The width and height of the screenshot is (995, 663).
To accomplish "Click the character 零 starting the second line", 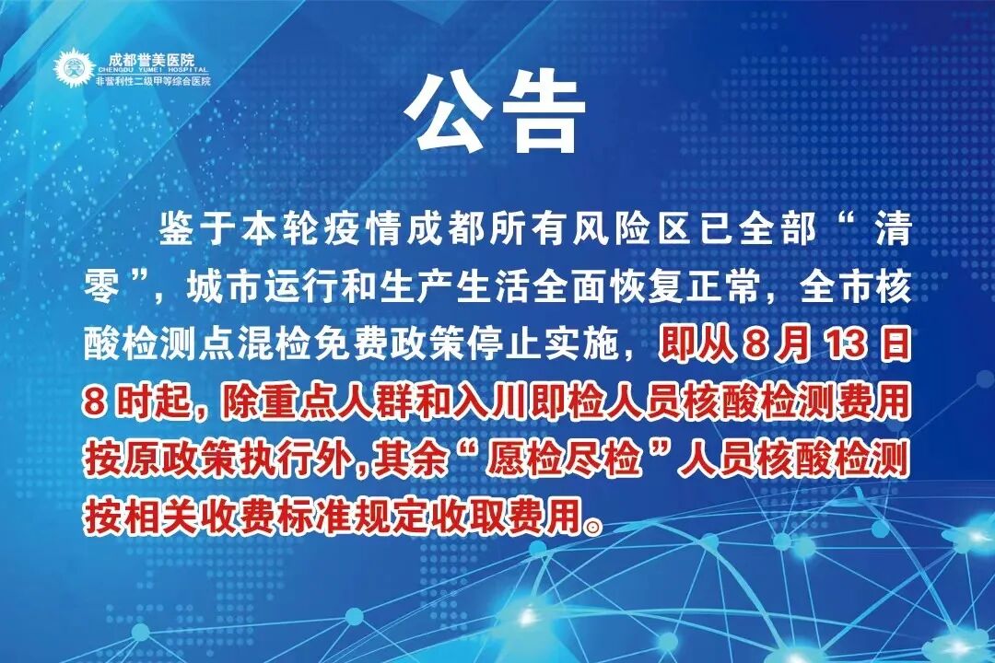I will point(102,289).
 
